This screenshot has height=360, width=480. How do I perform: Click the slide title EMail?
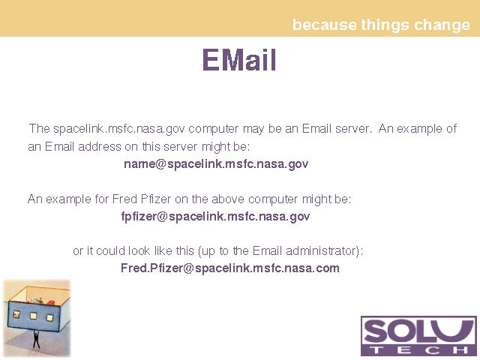(x=239, y=60)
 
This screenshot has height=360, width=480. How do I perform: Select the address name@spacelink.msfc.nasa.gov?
(x=216, y=164)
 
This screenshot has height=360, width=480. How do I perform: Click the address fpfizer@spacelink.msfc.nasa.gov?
(x=215, y=217)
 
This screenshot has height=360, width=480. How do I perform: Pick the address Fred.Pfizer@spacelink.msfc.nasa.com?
(x=230, y=268)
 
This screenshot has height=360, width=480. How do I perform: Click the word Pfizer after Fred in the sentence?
(x=156, y=199)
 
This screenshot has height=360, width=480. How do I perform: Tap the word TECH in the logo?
(x=418, y=349)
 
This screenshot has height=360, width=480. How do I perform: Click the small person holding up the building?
(x=37, y=339)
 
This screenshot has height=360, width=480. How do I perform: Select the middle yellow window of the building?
(x=33, y=316)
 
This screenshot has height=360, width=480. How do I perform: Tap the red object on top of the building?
(x=50, y=303)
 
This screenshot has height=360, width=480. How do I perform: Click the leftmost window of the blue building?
(x=16, y=314)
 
